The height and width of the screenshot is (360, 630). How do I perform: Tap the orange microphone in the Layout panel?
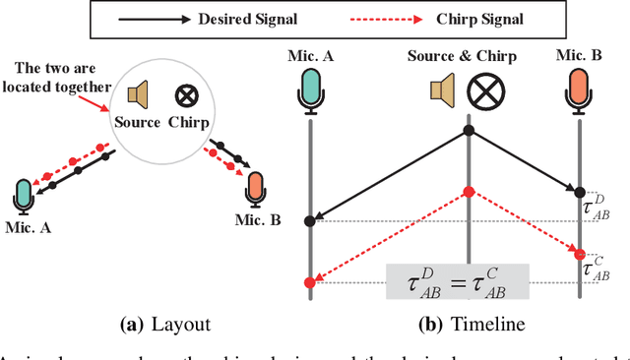255,187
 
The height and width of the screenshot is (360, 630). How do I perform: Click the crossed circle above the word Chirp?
184,94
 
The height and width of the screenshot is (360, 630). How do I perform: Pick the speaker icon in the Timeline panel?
439,90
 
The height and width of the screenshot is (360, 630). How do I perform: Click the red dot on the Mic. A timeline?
311,283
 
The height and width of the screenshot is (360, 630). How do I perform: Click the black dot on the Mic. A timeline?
311,220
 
